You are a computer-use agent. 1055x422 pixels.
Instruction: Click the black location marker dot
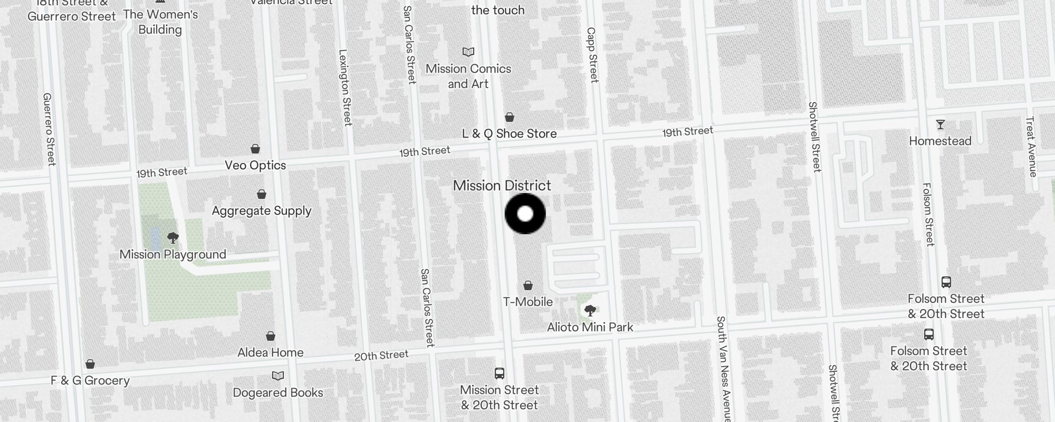pyautogui.click(x=525, y=214)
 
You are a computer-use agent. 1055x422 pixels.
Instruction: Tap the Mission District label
pyautogui.click(x=502, y=186)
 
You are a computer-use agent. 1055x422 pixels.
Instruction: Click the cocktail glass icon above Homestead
pyautogui.click(x=940, y=125)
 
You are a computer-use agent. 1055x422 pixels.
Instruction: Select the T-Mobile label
pyautogui.click(x=527, y=302)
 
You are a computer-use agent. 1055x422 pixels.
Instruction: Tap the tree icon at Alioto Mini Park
pyautogui.click(x=590, y=310)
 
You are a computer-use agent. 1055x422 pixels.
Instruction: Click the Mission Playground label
pyautogui.click(x=172, y=254)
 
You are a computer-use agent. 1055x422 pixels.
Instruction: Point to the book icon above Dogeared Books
pyautogui.click(x=278, y=376)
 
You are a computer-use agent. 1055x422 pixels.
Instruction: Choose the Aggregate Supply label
pyautogui.click(x=262, y=211)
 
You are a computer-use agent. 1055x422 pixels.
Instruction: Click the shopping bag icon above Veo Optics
pyautogui.click(x=255, y=149)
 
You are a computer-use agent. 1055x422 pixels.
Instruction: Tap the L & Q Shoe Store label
pyautogui.click(x=509, y=134)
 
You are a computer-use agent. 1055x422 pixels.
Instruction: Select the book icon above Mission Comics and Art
pyautogui.click(x=468, y=52)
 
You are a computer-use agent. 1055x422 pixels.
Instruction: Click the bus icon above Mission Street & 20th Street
pyautogui.click(x=500, y=373)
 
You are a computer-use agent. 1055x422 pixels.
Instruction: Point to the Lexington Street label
pyautogui.click(x=345, y=88)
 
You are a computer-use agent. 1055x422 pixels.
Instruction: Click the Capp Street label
pyautogui.click(x=592, y=55)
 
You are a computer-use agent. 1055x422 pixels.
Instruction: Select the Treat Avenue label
pyautogui.click(x=1031, y=147)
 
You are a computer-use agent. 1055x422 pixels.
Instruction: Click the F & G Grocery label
pyautogui.click(x=90, y=380)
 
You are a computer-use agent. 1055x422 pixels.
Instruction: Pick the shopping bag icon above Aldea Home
pyautogui.click(x=271, y=336)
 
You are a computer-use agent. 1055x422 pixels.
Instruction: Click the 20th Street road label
pyautogui.click(x=381, y=356)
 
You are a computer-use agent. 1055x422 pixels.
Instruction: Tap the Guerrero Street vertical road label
pyautogui.click(x=49, y=129)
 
